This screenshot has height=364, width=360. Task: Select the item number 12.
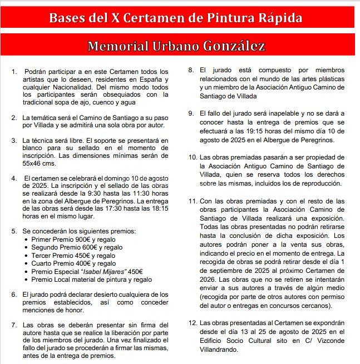pyautogui.click(x=192, y=322)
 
